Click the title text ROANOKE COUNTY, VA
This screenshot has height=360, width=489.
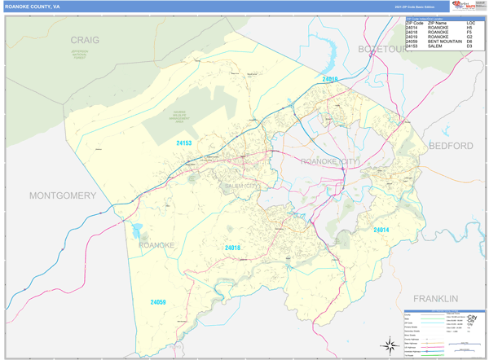32,7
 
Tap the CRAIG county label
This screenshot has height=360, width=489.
85,39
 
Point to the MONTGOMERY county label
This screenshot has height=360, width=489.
63,195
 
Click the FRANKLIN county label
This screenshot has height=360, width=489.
437,299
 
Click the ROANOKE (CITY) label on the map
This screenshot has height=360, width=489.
330,162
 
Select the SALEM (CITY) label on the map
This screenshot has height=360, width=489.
242,186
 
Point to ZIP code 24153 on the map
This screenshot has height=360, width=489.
184,143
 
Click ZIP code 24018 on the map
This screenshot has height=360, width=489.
232,248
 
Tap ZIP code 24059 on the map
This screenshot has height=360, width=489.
158,302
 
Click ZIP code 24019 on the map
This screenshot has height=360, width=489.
329,79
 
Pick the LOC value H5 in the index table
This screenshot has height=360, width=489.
469,27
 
